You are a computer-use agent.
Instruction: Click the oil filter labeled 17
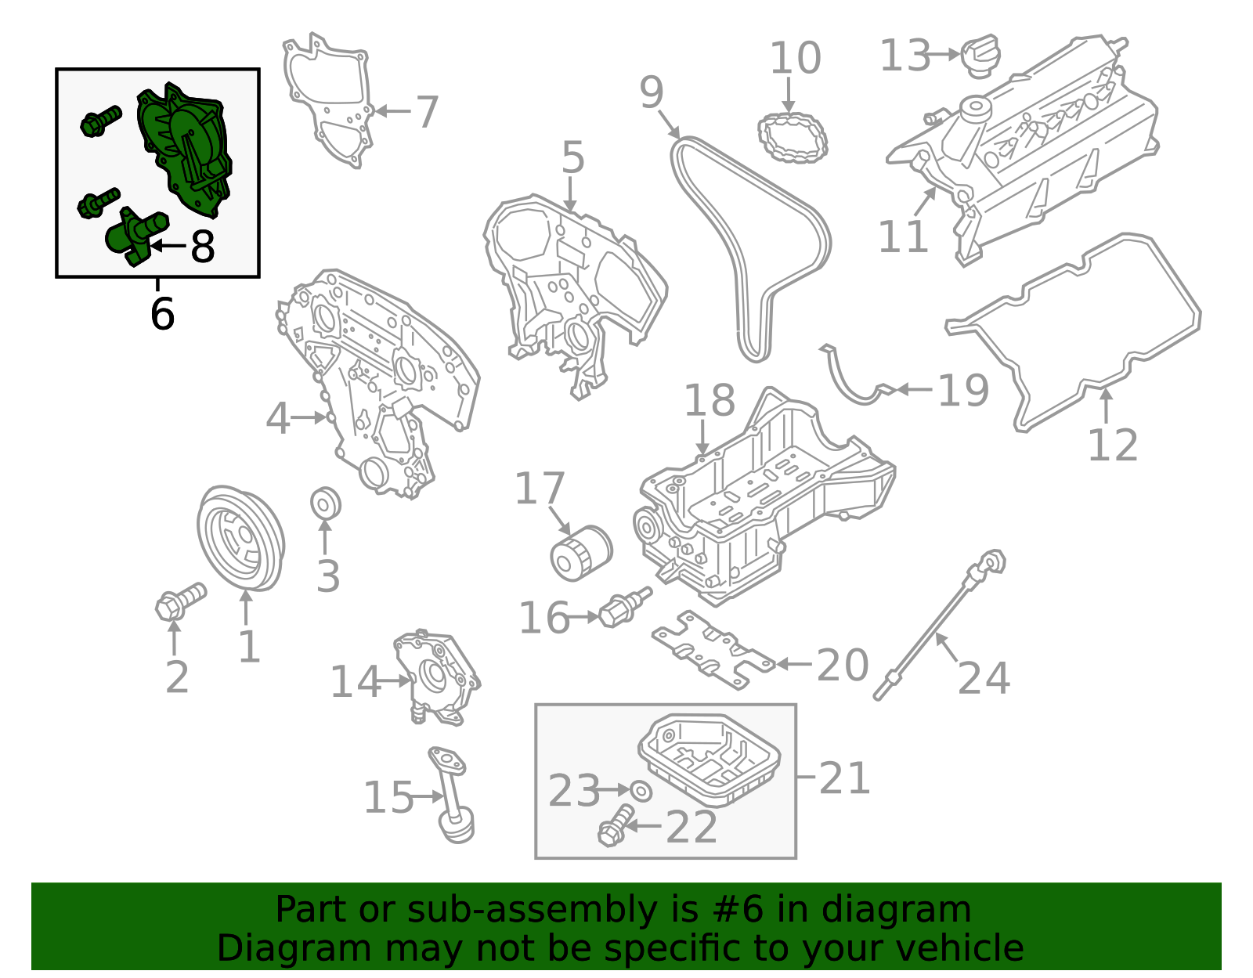580,554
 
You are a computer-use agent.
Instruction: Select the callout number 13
905,56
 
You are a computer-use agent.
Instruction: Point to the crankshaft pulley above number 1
239,538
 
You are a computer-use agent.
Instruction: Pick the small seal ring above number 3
325,503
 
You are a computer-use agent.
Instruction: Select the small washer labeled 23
641,791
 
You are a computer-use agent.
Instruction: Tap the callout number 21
844,778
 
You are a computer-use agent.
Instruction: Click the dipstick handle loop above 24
993,561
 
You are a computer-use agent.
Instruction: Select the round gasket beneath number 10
793,138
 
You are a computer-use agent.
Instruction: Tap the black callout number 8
202,247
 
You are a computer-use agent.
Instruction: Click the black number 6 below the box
162,313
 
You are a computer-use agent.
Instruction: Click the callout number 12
1112,446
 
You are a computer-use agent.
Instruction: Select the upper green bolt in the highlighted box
100,121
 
